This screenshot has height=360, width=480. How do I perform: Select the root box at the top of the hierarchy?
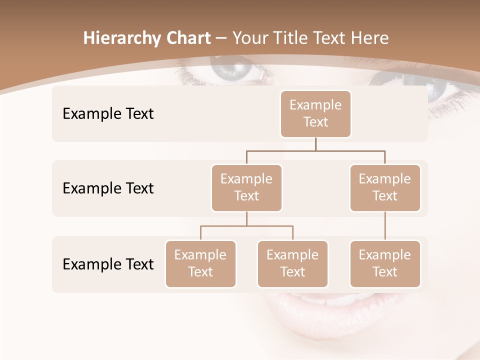(x=315, y=113)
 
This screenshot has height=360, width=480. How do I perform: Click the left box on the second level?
(x=246, y=187)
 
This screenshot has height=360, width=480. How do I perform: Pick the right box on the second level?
(x=385, y=187)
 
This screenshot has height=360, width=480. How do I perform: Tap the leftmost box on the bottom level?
(x=200, y=263)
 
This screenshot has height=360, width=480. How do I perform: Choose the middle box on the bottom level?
(x=292, y=263)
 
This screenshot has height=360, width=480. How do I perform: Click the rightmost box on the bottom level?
(x=385, y=263)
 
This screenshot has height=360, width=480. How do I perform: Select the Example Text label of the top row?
(x=108, y=114)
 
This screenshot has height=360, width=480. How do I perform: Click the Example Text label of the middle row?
(x=108, y=188)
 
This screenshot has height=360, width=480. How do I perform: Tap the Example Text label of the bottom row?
(x=108, y=264)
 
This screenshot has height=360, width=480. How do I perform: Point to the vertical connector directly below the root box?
(x=315, y=144)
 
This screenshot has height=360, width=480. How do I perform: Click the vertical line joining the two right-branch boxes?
(x=385, y=226)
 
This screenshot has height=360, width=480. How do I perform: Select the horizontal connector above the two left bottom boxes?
(x=246, y=226)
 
